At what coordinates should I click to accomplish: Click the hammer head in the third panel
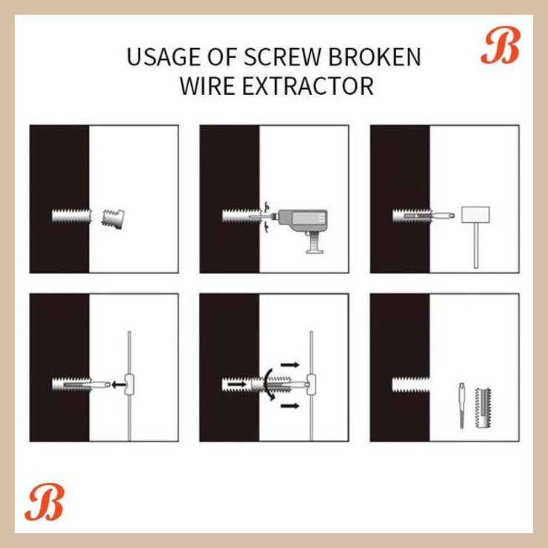coord(473,215)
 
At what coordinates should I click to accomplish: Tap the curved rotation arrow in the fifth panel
coord(270,384)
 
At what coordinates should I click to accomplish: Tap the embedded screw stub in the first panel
coord(72,217)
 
